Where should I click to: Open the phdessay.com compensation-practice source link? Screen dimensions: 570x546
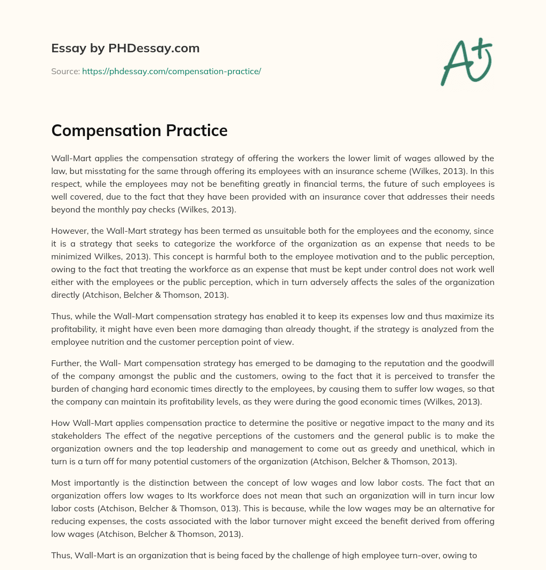[x=171, y=71]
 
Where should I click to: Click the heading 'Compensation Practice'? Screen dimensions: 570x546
[x=139, y=130]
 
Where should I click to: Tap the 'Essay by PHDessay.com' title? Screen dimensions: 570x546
[x=125, y=48]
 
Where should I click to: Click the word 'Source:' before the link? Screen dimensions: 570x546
[x=65, y=71]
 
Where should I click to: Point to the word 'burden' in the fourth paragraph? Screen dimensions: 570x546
[x=67, y=389]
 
